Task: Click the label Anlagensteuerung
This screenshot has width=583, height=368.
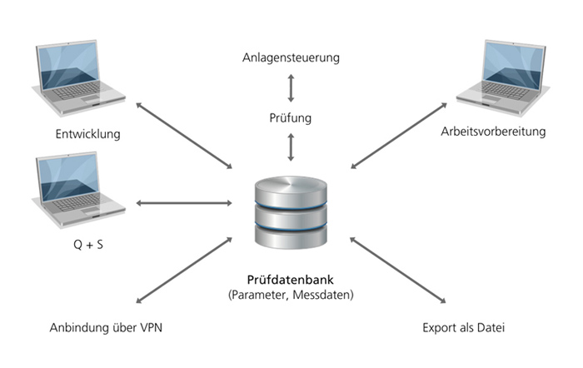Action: [x=291, y=58]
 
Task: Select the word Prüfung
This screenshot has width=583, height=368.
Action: [x=291, y=118]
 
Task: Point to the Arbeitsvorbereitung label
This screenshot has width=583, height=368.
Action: [x=494, y=132]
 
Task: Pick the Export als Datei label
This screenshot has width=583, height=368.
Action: [x=463, y=327]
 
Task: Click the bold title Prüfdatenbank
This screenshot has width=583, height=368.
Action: [x=291, y=279]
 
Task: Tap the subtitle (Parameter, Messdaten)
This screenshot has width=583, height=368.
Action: [x=291, y=295]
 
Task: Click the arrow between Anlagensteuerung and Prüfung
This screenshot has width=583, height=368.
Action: [x=291, y=88]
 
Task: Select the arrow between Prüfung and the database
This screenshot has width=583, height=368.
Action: [x=291, y=147]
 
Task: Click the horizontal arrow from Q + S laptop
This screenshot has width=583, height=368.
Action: [x=182, y=203]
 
